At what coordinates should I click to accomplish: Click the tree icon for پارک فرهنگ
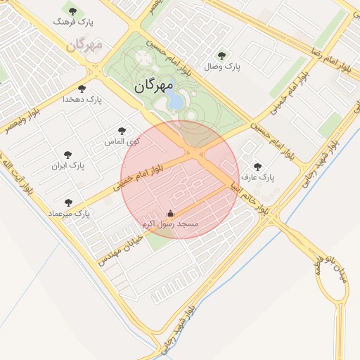[72, 11]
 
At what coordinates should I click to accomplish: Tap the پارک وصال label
[223, 67]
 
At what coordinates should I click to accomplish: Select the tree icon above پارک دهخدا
[82, 89]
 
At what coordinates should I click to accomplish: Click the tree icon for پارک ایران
[67, 155]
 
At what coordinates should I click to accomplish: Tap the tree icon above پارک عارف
[257, 167]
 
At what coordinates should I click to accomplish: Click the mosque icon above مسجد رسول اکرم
[169, 213]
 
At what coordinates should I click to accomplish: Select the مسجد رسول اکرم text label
[169, 224]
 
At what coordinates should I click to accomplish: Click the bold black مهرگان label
[152, 86]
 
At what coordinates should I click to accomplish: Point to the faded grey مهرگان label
[85, 45]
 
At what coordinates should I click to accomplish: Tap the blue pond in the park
[174, 102]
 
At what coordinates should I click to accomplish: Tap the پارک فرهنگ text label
[74, 22]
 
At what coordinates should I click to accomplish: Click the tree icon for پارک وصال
[222, 56]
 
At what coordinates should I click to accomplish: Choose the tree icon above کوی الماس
[122, 131]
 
